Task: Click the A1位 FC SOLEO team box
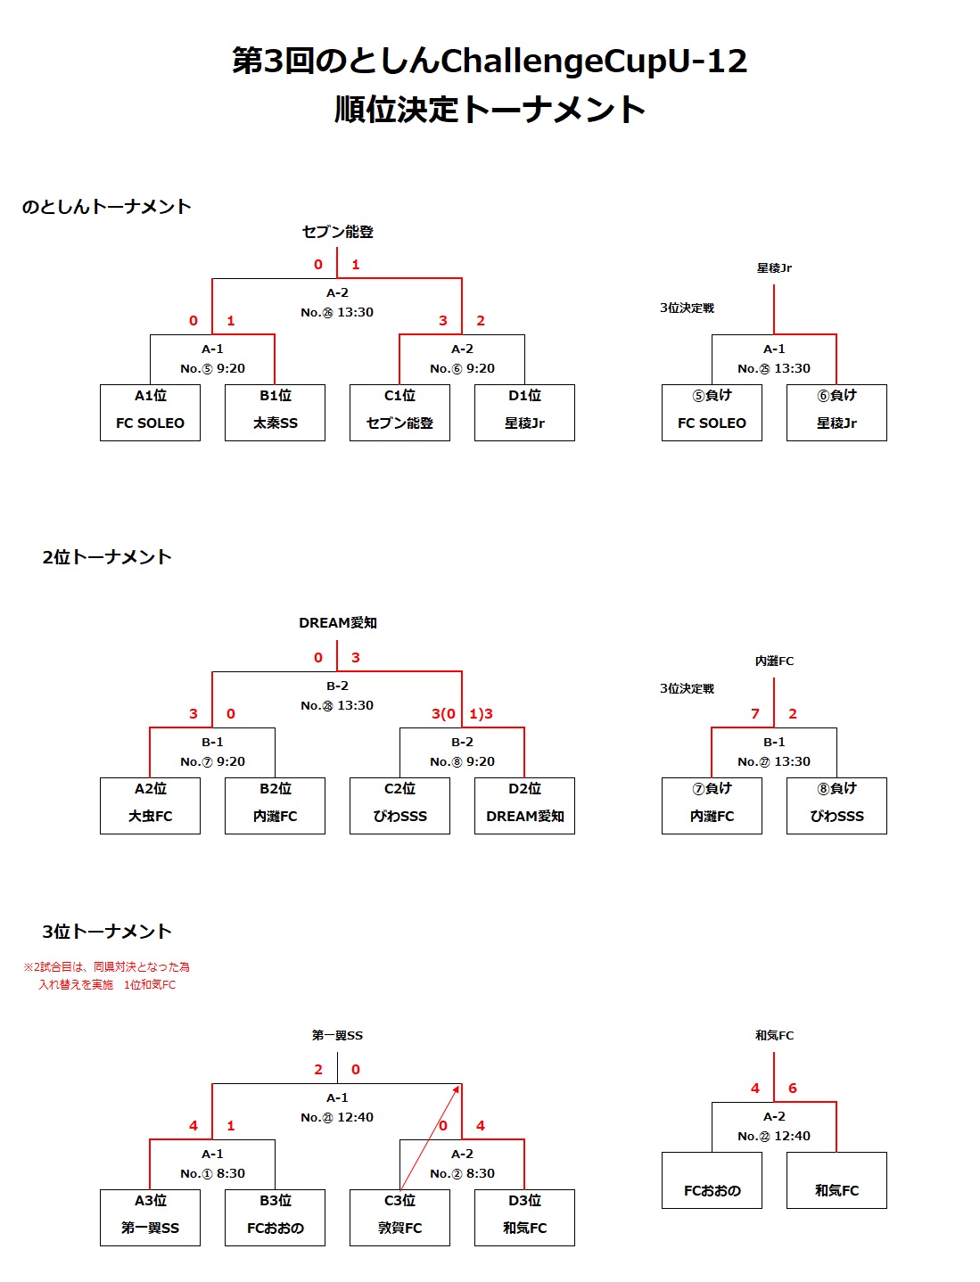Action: click(150, 413)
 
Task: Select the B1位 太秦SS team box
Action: click(275, 413)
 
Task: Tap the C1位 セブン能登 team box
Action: click(400, 413)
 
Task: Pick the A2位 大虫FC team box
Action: click(150, 805)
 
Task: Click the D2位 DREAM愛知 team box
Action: click(524, 805)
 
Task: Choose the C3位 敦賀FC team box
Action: click(400, 1217)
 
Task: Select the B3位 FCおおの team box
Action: click(275, 1217)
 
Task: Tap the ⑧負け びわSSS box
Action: click(836, 805)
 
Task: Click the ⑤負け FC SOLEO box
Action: click(712, 413)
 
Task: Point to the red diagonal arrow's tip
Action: click(460, 1086)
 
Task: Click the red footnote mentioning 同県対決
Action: click(107, 975)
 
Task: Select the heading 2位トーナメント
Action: click(107, 557)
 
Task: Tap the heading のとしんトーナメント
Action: click(106, 207)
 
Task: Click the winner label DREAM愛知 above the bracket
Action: click(338, 622)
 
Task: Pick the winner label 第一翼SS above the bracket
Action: click(337, 1035)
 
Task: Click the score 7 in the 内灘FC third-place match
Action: click(755, 713)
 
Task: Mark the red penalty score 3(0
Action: click(443, 713)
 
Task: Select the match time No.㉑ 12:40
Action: click(337, 1117)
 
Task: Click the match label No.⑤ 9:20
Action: click(212, 368)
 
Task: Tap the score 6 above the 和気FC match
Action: click(793, 1088)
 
